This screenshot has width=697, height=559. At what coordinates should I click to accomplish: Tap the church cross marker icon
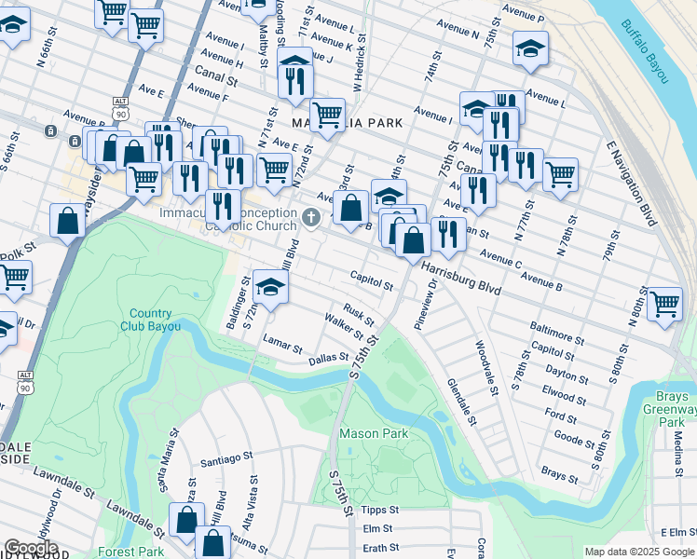(x=312, y=217)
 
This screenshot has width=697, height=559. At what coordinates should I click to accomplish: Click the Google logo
(x=31, y=548)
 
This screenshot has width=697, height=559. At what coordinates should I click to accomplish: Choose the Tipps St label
(x=379, y=511)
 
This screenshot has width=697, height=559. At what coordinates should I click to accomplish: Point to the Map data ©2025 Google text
(x=638, y=552)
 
